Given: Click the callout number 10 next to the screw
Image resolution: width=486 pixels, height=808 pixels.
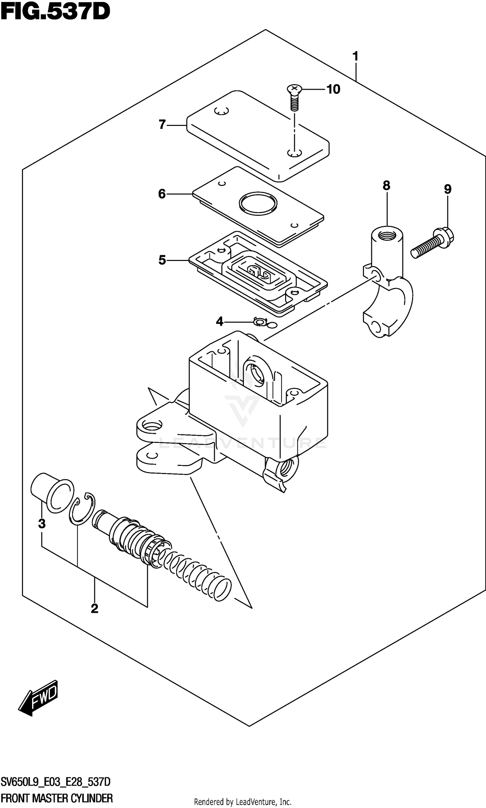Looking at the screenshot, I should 333,89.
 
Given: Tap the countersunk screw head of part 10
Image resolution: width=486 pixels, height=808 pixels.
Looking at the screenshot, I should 294,88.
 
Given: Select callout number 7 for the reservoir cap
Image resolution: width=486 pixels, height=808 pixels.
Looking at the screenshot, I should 162,125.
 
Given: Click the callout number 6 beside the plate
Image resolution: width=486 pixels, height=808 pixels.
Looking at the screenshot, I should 162,194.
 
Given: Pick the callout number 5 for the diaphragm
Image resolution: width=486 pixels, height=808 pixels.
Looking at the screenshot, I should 162,260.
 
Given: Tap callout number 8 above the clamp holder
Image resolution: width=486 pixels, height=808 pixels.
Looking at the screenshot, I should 387,186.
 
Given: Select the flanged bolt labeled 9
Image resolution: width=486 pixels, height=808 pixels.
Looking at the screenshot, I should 432,244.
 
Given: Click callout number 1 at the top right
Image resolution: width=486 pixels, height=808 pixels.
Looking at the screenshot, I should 355,56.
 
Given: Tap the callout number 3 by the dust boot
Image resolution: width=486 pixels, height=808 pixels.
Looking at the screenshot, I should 41,524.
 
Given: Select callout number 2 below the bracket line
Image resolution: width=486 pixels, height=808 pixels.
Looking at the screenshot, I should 94,609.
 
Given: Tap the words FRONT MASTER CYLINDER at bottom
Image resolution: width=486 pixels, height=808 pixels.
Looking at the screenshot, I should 57,798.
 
